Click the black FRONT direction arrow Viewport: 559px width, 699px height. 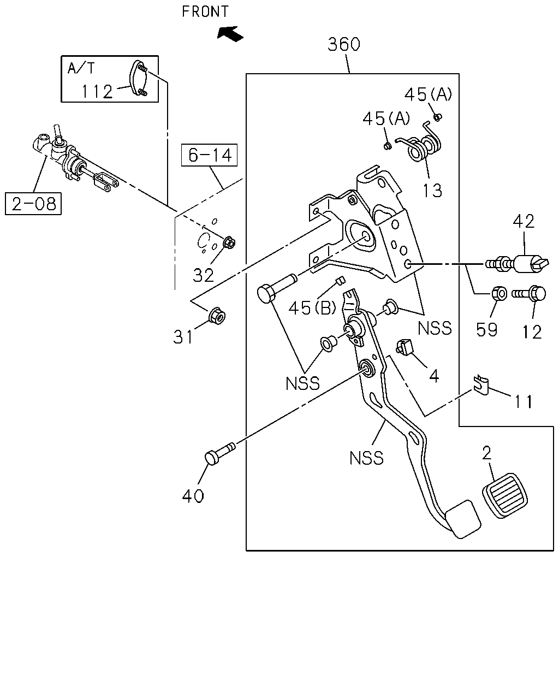pos(230,34)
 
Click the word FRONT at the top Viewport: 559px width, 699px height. pos(205,12)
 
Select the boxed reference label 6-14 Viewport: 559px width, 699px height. pos(209,155)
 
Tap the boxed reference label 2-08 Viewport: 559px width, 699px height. pos(33,204)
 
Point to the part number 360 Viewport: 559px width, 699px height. pos(344,44)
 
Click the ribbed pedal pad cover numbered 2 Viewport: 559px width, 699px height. pos(505,495)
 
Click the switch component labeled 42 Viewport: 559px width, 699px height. pos(517,263)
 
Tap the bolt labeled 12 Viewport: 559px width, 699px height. pos(529,294)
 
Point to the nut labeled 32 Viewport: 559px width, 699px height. pos(229,242)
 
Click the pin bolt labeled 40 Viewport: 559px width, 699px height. pos(220,453)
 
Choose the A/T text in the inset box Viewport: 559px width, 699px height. pos(81,68)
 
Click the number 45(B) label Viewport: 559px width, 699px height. pos(312,308)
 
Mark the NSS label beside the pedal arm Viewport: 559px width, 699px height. pos(366,458)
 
